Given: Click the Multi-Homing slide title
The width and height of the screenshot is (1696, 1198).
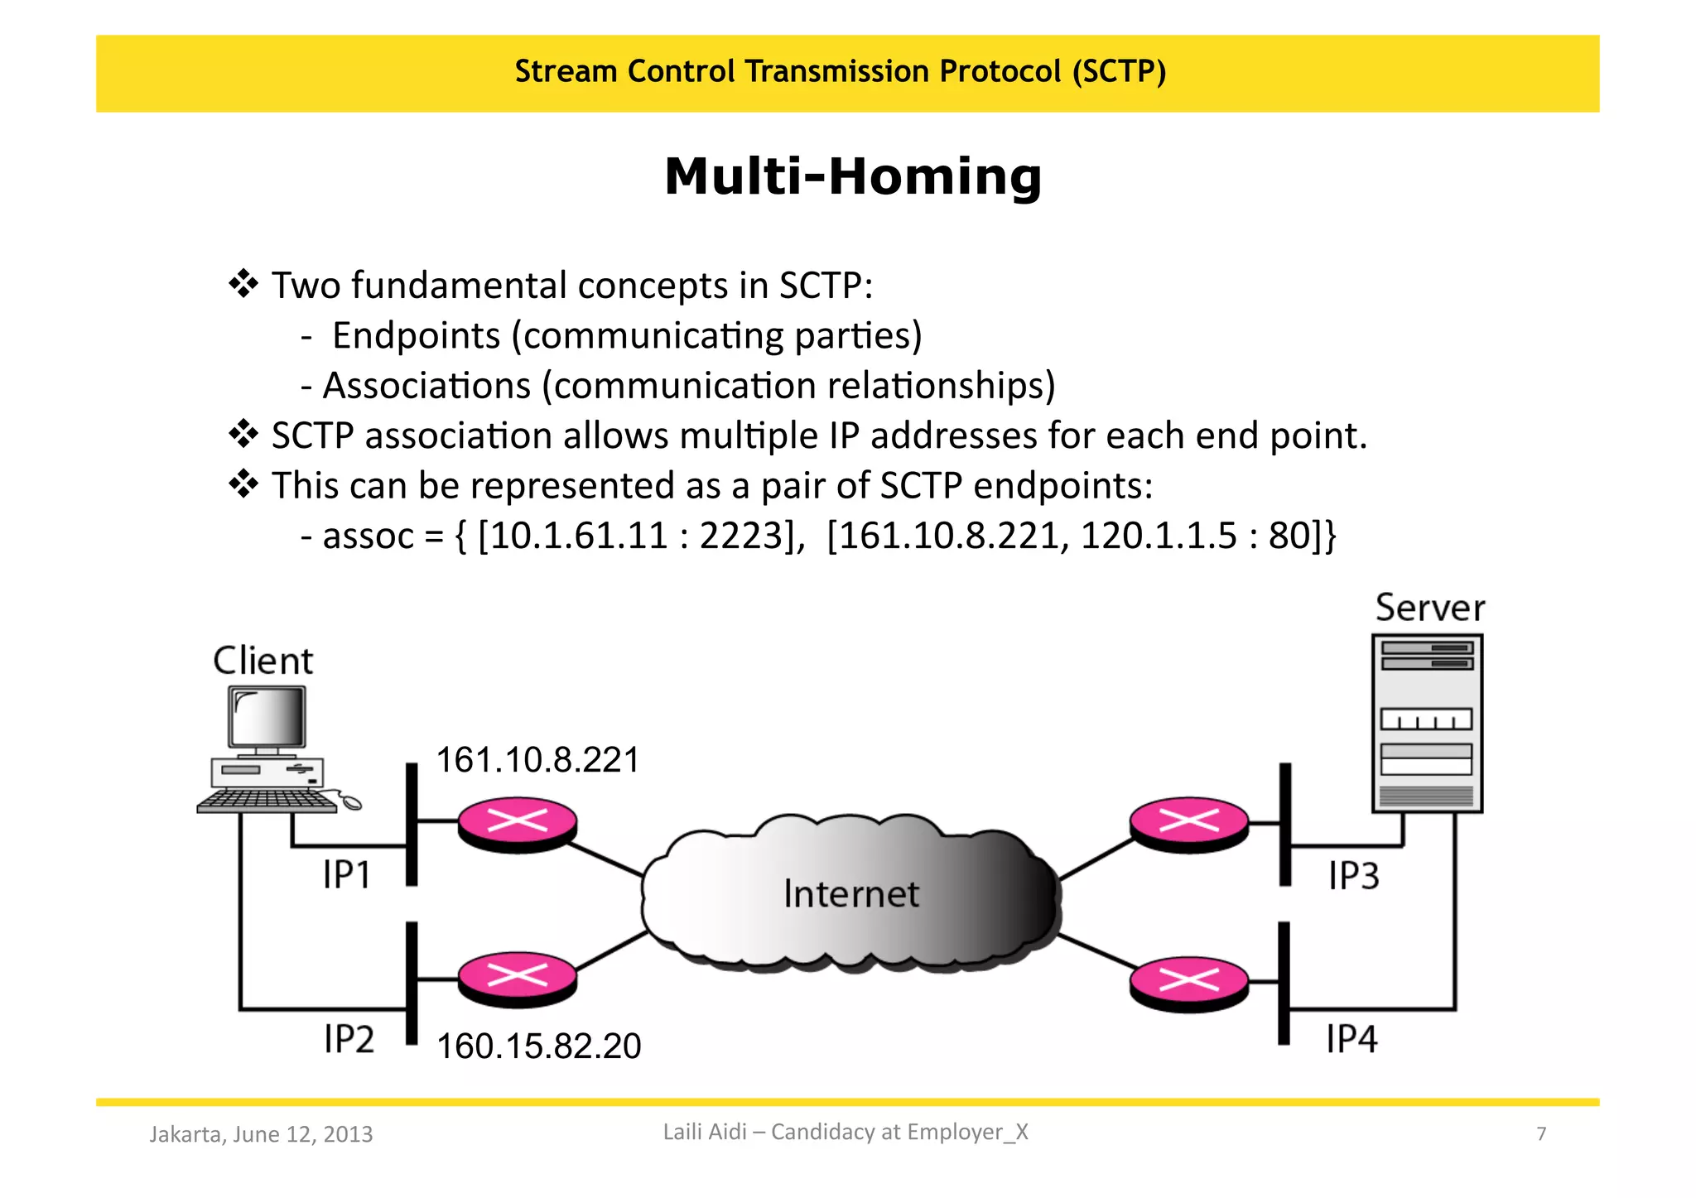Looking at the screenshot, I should (852, 177).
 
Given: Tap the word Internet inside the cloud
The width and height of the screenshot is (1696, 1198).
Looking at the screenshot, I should (850, 894).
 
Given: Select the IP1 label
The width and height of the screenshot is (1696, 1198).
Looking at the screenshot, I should (347, 875).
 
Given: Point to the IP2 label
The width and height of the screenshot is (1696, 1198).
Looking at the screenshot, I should (349, 1038).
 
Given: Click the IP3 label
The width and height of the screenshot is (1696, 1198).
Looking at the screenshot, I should (1353, 876).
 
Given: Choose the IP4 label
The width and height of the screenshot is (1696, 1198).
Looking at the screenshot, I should (1351, 1038).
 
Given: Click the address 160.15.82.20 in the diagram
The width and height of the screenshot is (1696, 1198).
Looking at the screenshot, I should (538, 1046).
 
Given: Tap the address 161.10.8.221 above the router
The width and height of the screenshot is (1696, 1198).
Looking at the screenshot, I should (537, 760).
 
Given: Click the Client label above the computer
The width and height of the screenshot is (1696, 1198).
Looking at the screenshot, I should (263, 661).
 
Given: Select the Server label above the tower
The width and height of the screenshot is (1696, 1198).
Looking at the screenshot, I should (1429, 608).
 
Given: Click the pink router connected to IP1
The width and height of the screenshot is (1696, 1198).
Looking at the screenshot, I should (518, 823).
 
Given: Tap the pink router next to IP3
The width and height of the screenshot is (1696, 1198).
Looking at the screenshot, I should (1188, 823).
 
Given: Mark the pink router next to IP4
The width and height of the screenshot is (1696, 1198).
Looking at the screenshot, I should (1188, 983).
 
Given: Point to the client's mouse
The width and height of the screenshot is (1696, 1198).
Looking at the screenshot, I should (351, 801).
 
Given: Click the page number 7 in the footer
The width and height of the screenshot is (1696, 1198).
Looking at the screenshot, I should (1541, 1133).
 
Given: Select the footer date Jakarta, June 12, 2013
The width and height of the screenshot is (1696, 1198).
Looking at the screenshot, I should (261, 1133).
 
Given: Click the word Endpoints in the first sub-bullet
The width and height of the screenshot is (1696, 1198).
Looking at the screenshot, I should (416, 335).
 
